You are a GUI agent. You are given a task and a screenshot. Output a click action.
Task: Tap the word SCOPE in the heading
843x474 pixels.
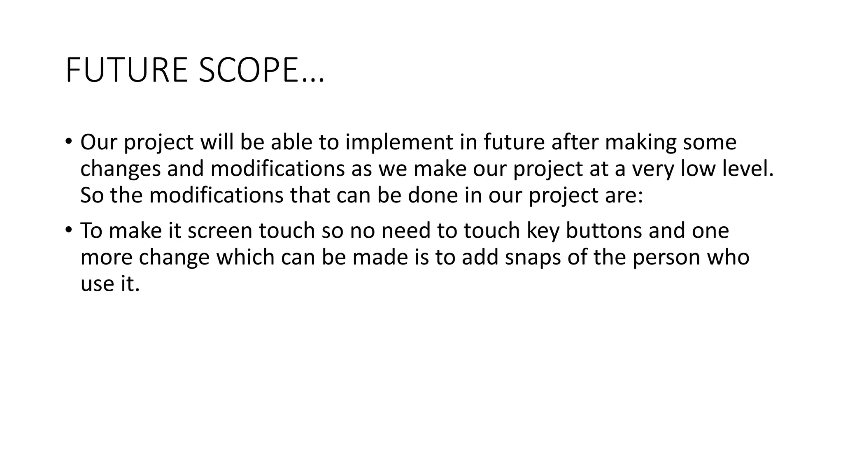pos(248,70)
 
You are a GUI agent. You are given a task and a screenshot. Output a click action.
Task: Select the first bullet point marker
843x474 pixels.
pos(68,142)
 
